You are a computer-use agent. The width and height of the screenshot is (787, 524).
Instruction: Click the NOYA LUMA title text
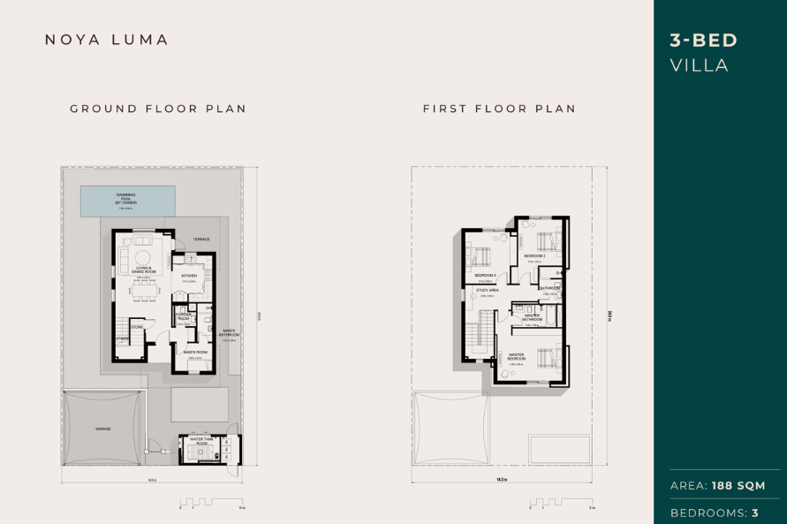click(x=107, y=40)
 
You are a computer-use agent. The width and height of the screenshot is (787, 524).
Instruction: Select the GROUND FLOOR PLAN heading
click(x=158, y=109)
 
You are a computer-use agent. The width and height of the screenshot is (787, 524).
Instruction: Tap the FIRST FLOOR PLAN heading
click(x=499, y=109)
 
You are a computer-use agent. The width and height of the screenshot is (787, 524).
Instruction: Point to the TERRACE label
click(x=201, y=239)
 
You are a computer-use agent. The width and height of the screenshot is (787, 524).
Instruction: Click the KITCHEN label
click(x=189, y=276)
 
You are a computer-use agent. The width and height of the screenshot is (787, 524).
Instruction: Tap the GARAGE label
click(x=103, y=429)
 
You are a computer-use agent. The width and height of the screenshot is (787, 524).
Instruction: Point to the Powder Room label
click(x=184, y=316)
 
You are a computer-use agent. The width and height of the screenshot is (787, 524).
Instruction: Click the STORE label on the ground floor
click(x=137, y=327)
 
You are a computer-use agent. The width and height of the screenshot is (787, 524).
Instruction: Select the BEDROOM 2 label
click(x=534, y=256)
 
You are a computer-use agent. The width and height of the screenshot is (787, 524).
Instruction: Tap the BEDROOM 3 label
click(x=485, y=276)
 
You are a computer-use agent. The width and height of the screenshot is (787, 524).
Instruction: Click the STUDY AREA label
click(x=487, y=291)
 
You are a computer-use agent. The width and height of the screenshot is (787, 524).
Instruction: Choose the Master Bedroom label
click(x=516, y=356)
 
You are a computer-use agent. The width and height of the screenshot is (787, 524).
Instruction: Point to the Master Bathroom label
click(x=532, y=316)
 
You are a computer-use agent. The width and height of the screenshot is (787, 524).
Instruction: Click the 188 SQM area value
click(x=738, y=485)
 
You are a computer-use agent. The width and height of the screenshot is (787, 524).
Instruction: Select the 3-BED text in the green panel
click(x=704, y=40)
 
